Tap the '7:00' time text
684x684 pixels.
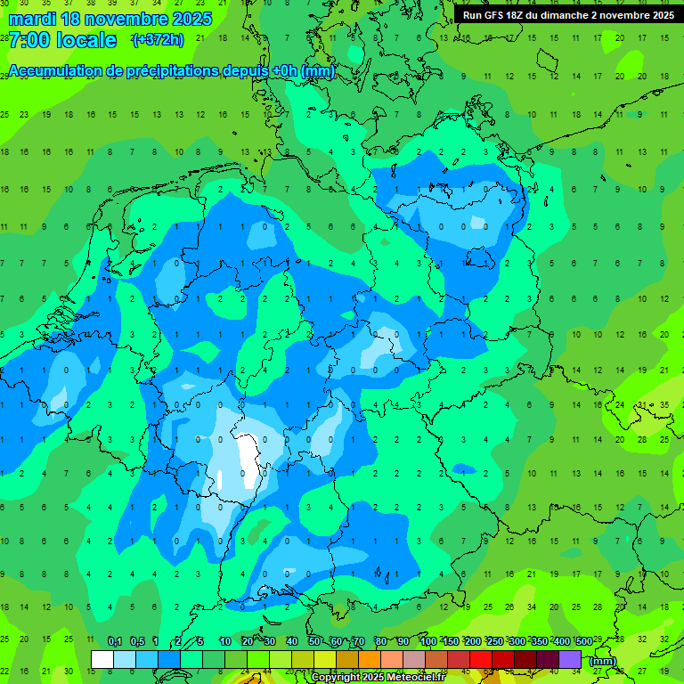tap(28, 40)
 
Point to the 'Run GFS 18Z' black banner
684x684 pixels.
tap(567, 14)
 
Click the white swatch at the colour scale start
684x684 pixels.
tap(102, 659)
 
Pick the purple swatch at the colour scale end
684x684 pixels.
tap(570, 659)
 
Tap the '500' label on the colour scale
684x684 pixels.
tap(584, 641)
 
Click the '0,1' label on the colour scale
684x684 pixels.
tap(115, 641)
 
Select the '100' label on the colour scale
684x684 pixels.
tap(428, 641)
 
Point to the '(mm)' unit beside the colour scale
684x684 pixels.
tap(603, 660)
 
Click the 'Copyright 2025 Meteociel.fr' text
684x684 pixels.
tap(378, 677)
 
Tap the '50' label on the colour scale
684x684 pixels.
tap(314, 641)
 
